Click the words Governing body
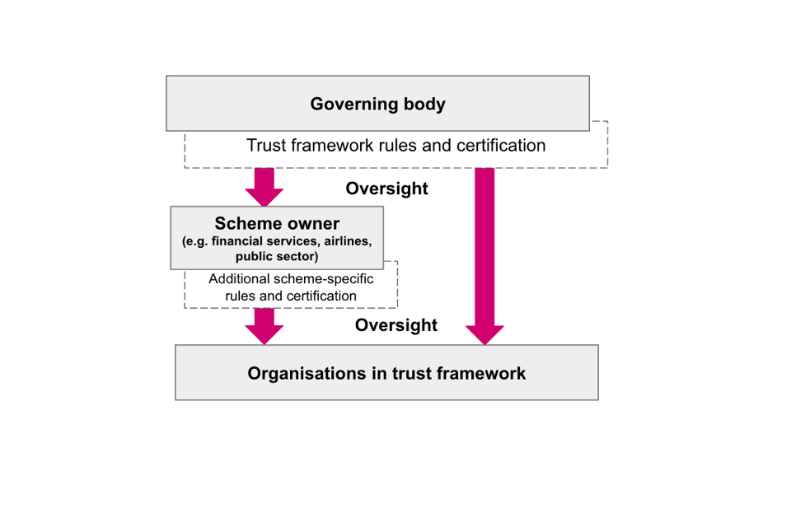(x=377, y=105)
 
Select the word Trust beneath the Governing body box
(x=267, y=146)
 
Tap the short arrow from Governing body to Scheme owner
(x=264, y=186)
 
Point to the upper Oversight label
(x=386, y=189)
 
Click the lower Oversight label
(x=395, y=325)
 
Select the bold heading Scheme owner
(x=277, y=224)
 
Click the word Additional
(x=239, y=279)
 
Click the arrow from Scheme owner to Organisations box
(x=264, y=326)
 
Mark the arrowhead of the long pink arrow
(x=484, y=333)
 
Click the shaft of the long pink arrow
(x=484, y=247)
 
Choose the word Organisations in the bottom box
(x=298, y=373)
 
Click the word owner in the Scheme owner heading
(x=313, y=224)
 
